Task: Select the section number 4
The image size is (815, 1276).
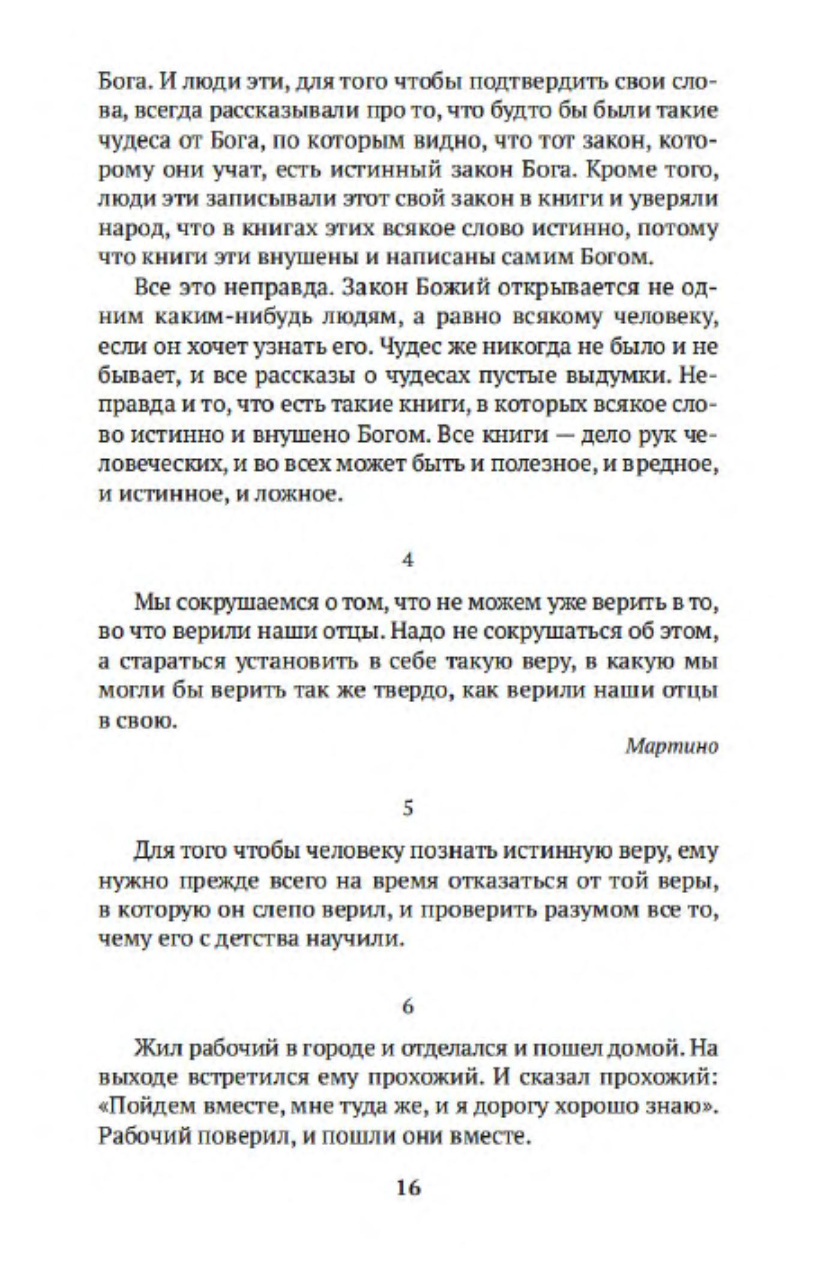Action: click(x=408, y=561)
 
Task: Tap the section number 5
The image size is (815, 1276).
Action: click(x=408, y=808)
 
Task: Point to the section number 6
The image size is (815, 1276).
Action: click(x=408, y=1007)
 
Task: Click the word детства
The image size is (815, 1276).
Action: click(x=253, y=940)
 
